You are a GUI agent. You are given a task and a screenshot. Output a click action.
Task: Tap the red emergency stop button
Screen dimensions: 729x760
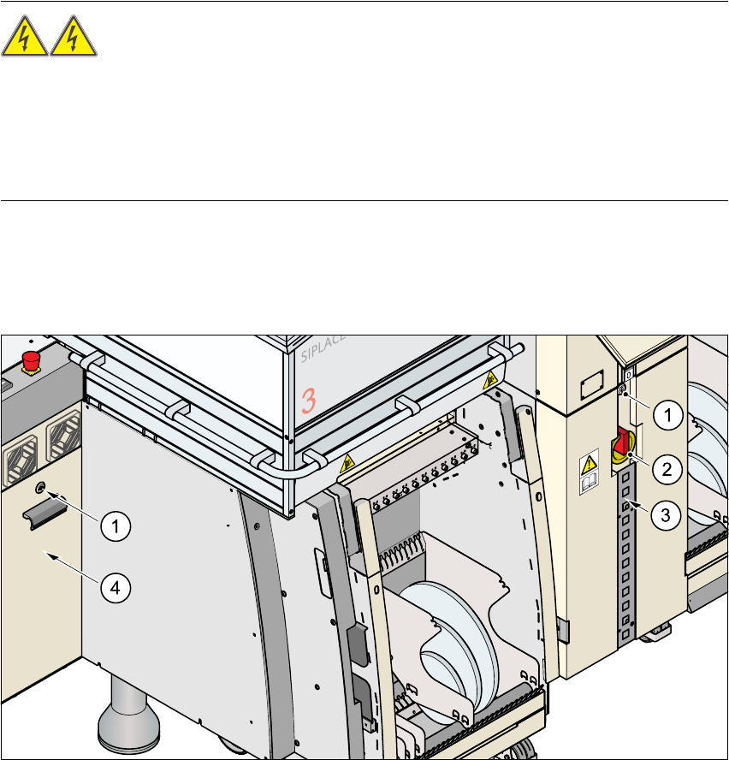point(32,359)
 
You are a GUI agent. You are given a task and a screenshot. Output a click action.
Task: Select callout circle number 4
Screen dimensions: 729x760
point(118,587)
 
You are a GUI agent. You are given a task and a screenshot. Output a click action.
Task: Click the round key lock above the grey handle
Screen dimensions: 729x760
point(41,489)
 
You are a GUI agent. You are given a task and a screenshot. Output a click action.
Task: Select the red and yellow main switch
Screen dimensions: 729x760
point(621,448)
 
